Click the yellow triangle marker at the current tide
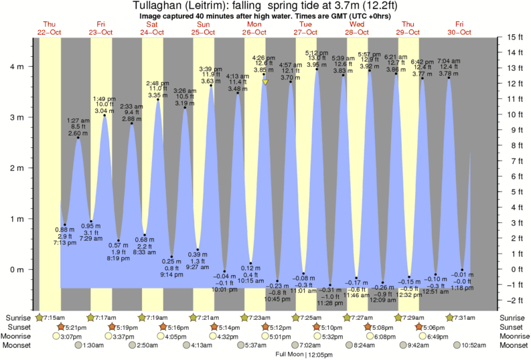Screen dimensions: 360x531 [x=265, y=82]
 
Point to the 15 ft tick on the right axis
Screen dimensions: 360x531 [x=514, y=37]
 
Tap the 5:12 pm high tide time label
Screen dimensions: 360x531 [x=316, y=53]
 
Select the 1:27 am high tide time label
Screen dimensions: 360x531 [x=78, y=120]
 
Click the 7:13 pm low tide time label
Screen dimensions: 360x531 [x=65, y=244]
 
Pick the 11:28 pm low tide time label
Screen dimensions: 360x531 [x=330, y=303]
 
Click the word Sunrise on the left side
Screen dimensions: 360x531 [x=17, y=317]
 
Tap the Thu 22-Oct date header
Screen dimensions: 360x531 [x=50, y=27]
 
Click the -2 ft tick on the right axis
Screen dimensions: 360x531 [x=514, y=300]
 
